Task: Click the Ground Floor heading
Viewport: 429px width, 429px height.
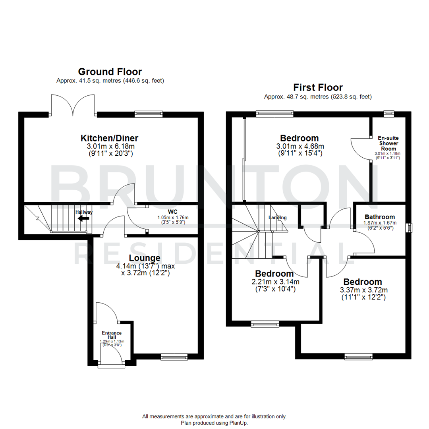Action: (110, 72)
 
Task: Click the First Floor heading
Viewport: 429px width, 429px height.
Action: (318, 87)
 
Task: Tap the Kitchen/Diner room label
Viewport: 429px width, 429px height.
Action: (110, 138)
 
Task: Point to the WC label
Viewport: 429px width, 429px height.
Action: (172, 211)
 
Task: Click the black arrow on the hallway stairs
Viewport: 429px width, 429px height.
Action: (83, 218)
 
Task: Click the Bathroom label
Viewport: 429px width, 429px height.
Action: (380, 217)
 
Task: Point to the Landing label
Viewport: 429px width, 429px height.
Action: (278, 218)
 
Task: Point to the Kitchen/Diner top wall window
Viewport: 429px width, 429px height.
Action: (146, 114)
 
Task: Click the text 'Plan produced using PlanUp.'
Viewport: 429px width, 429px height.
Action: (214, 423)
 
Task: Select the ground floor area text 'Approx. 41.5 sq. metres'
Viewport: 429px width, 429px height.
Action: (89, 81)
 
